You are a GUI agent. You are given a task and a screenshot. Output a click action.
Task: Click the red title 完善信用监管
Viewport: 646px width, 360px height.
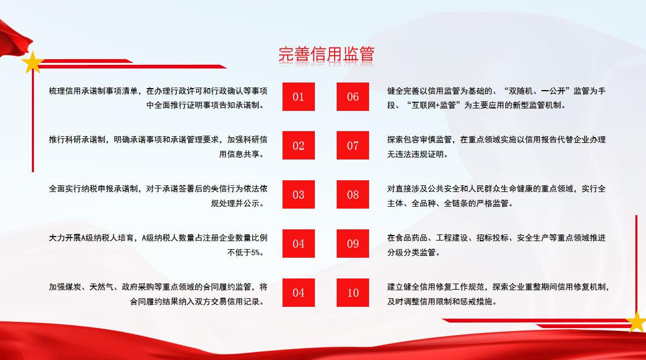pos(326,54)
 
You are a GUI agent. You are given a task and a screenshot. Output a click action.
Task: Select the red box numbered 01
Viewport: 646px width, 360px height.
pos(299,97)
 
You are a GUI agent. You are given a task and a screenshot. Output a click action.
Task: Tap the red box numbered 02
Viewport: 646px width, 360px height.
pos(299,145)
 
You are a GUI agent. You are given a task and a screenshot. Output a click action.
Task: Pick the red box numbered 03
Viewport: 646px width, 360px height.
pos(299,194)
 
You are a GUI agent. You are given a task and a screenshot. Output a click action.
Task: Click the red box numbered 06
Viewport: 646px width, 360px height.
pos(353,97)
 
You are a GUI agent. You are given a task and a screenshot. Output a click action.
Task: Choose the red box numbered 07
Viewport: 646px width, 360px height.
pos(353,145)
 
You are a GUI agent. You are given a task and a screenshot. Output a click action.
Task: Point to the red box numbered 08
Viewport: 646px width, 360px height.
pos(353,194)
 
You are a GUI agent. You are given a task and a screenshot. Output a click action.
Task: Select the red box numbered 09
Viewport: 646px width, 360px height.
pos(353,244)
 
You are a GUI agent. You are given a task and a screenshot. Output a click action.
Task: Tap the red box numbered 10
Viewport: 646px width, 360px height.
pos(353,293)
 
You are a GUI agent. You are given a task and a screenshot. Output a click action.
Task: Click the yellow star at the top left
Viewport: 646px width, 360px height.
pos(32,63)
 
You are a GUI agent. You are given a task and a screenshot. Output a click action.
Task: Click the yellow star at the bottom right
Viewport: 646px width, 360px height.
pos(636,321)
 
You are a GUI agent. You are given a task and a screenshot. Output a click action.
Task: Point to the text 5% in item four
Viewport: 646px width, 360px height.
pos(255,253)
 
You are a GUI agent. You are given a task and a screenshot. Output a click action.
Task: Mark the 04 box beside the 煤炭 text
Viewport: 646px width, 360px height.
pos(299,293)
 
